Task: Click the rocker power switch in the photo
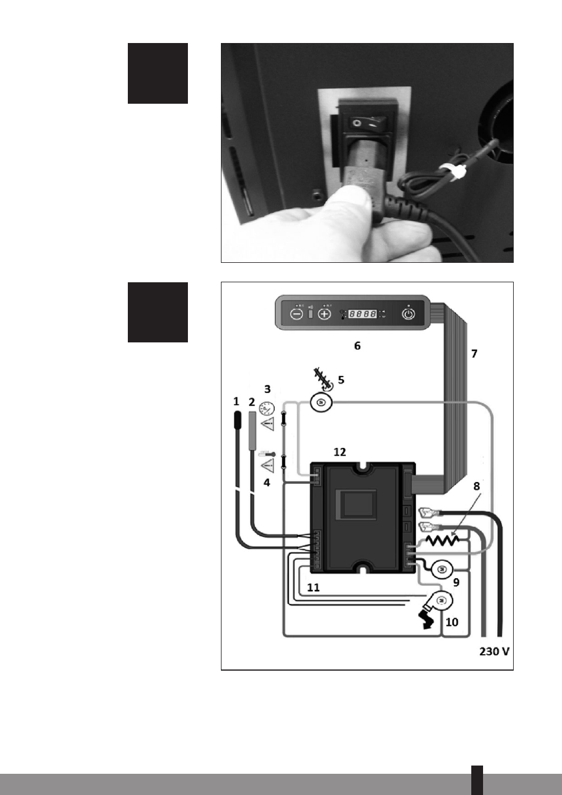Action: coord(363,124)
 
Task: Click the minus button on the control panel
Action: coord(297,314)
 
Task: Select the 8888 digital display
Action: coord(362,314)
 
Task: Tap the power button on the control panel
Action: coord(408,314)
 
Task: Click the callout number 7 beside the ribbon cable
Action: coord(474,354)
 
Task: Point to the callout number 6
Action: coord(357,346)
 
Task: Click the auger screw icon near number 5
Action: coord(323,379)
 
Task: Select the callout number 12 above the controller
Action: coord(339,452)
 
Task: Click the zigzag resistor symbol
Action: coord(442,540)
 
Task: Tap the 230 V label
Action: coord(494,651)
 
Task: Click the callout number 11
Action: coord(313,588)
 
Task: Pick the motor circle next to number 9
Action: coord(442,569)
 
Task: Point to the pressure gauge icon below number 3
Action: coord(267,408)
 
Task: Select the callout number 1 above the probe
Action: coord(236,401)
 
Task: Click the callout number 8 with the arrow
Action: coord(477,486)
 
